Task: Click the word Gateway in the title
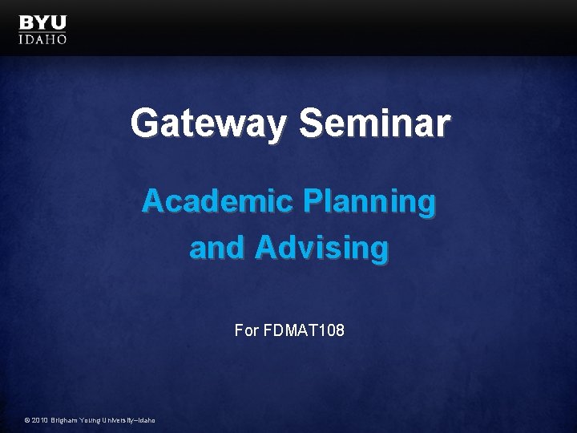pyautogui.click(x=207, y=124)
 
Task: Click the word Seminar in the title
pyautogui.click(x=374, y=124)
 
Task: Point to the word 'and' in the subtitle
pyautogui.click(x=217, y=248)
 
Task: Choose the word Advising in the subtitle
pyautogui.click(x=321, y=249)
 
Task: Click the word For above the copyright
pyautogui.click(x=247, y=330)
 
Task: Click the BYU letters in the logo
pyautogui.click(x=42, y=22)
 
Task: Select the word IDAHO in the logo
pyautogui.click(x=42, y=38)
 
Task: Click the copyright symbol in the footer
pyautogui.click(x=27, y=420)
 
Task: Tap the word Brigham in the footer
pyautogui.click(x=67, y=420)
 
